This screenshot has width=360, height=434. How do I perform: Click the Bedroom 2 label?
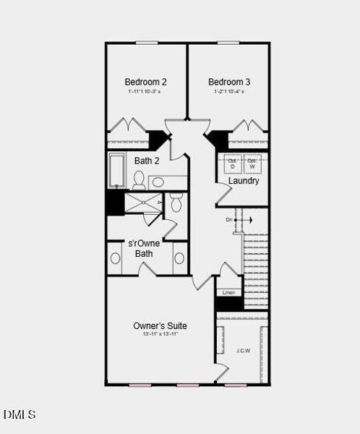click(146, 82)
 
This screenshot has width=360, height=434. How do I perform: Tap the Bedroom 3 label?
click(229, 82)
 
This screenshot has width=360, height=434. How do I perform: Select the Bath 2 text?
click(147, 161)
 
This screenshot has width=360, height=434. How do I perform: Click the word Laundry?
click(244, 181)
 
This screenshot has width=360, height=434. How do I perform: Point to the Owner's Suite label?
click(160, 325)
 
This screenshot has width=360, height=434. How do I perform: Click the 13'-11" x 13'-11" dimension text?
click(160, 334)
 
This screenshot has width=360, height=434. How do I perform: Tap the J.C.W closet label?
click(243, 350)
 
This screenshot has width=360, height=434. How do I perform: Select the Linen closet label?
click(228, 292)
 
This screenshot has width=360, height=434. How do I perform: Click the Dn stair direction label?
click(229, 219)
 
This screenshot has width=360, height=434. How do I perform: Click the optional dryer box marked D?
click(232, 163)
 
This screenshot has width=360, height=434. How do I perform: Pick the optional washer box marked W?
click(252, 163)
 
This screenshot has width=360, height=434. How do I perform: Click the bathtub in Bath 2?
click(117, 171)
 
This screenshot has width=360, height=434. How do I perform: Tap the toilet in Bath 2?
click(139, 179)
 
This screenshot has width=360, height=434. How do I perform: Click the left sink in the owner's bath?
click(115, 258)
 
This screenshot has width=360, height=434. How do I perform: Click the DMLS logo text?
click(20, 414)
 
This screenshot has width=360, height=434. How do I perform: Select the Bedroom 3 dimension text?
click(229, 92)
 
